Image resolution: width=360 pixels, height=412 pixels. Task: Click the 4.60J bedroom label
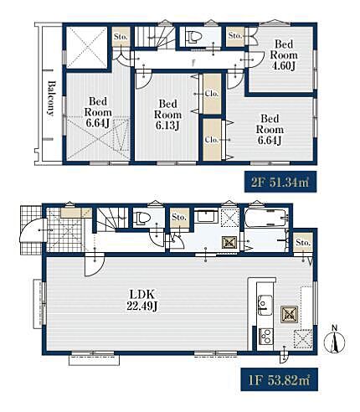[x=284, y=54]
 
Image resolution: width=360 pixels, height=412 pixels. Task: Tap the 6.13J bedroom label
[x=167, y=115]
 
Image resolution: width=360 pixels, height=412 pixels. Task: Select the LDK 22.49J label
[x=142, y=300]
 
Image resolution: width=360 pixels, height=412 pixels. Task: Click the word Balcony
[x=50, y=98]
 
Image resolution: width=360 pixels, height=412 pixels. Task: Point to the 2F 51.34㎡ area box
[x=280, y=182]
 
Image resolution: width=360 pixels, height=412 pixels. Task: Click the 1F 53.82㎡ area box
[x=279, y=380]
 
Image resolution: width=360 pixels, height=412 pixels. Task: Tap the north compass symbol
[x=335, y=341]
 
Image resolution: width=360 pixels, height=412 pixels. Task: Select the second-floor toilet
[x=195, y=38]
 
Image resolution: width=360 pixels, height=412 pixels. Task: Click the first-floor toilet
[x=142, y=219]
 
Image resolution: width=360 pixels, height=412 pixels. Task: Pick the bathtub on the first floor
[x=265, y=218]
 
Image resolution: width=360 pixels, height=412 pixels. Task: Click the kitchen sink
[x=265, y=305]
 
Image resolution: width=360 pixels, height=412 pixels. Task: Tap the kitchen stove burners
[x=265, y=337]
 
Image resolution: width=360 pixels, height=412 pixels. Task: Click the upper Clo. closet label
[x=212, y=94]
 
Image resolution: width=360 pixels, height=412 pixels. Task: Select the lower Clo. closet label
[x=212, y=140]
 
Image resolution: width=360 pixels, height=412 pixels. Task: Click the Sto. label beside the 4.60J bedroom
[x=234, y=35]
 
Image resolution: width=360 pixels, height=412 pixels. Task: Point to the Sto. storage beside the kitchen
[x=303, y=243]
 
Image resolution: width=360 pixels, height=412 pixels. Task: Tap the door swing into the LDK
[x=95, y=265]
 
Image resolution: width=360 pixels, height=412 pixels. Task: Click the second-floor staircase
[x=154, y=37]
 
